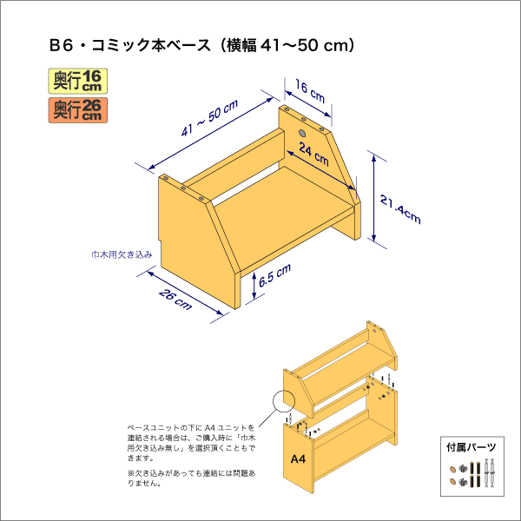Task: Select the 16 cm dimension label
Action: [309, 89]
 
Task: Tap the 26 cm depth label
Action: [176, 299]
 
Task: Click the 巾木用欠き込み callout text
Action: [122, 254]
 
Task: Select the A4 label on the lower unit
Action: [297, 458]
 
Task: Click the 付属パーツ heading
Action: [472, 448]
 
